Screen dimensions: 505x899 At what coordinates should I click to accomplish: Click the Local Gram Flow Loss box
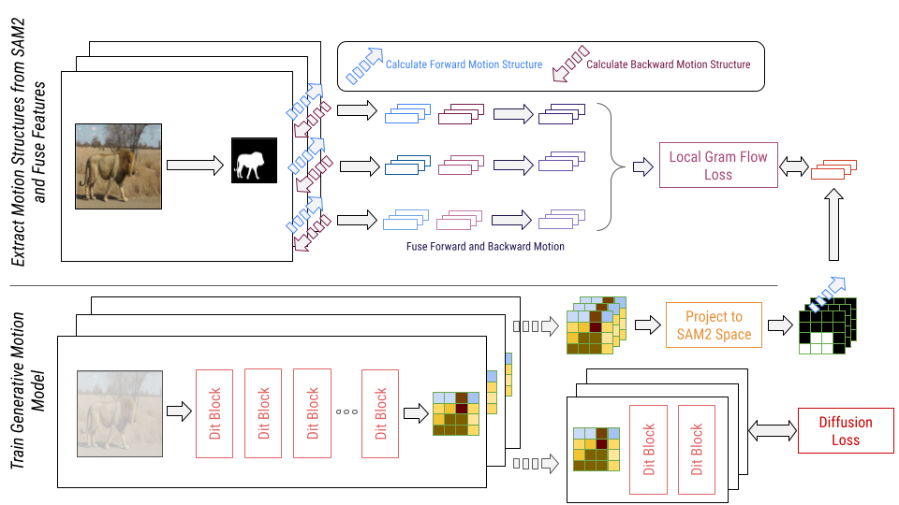(x=718, y=166)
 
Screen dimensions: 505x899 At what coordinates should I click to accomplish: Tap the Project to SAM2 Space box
(x=714, y=325)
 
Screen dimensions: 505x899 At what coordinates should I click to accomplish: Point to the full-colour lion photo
(x=118, y=166)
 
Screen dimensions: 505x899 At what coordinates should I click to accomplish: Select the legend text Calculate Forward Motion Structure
(x=464, y=65)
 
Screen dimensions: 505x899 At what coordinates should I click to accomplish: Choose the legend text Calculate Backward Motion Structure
(x=668, y=65)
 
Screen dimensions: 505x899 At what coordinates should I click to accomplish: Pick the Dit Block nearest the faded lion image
(x=214, y=412)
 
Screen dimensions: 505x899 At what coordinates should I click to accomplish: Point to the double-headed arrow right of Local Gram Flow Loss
(x=794, y=167)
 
